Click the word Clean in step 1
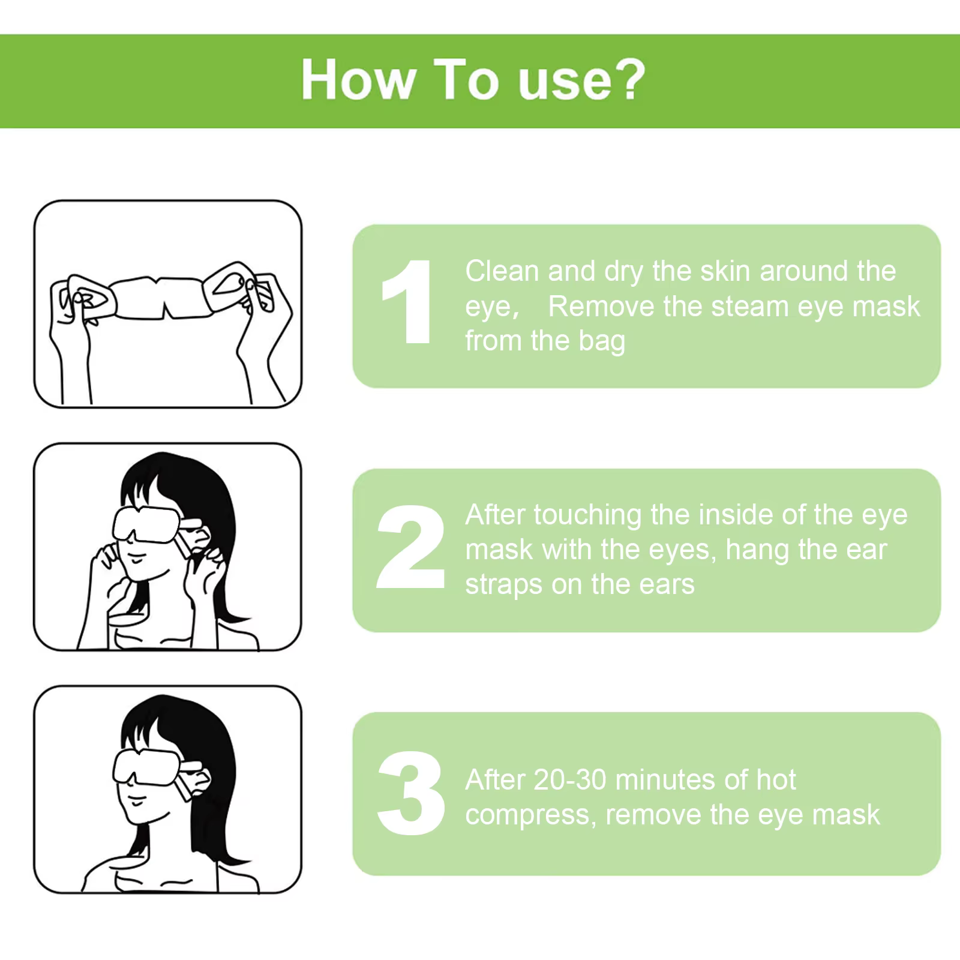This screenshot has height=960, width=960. click(x=502, y=271)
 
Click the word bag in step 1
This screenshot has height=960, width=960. click(x=601, y=341)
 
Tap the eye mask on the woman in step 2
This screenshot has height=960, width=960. click(x=146, y=524)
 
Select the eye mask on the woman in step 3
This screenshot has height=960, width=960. click(x=146, y=766)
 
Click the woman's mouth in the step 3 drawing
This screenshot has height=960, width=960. click(x=137, y=801)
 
